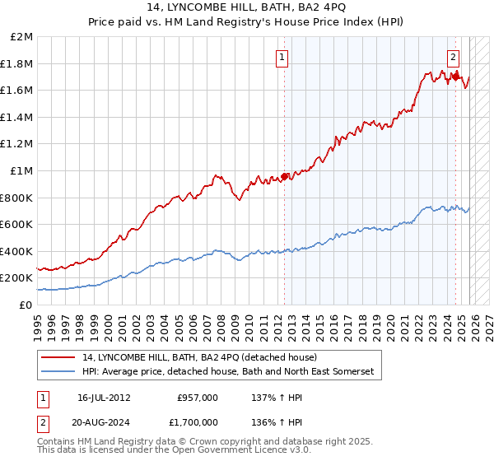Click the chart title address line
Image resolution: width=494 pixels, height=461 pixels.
246,8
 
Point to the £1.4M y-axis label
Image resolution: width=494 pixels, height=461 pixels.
17,118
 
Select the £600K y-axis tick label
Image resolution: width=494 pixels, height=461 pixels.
17,224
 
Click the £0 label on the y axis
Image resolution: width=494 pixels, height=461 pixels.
26,305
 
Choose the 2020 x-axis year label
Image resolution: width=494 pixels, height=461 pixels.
385,323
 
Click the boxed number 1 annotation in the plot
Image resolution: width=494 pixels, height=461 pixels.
282,58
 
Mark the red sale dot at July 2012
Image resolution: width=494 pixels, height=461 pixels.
285,175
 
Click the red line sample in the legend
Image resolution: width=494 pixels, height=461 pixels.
59,356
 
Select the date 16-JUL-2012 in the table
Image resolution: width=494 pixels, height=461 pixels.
104,398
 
